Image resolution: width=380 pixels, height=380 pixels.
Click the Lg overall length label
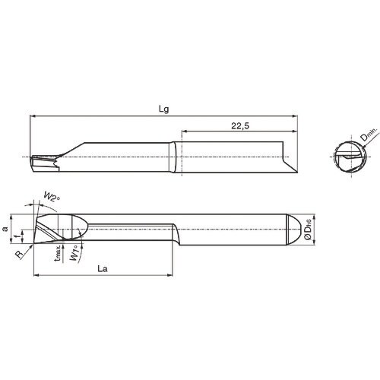pos(163,109)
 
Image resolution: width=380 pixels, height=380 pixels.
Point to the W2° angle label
pos(51,199)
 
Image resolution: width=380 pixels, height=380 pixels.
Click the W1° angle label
pos(73,254)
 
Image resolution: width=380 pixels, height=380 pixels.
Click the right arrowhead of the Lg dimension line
pos(294,116)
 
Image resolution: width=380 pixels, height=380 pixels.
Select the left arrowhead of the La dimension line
pos(36,276)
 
